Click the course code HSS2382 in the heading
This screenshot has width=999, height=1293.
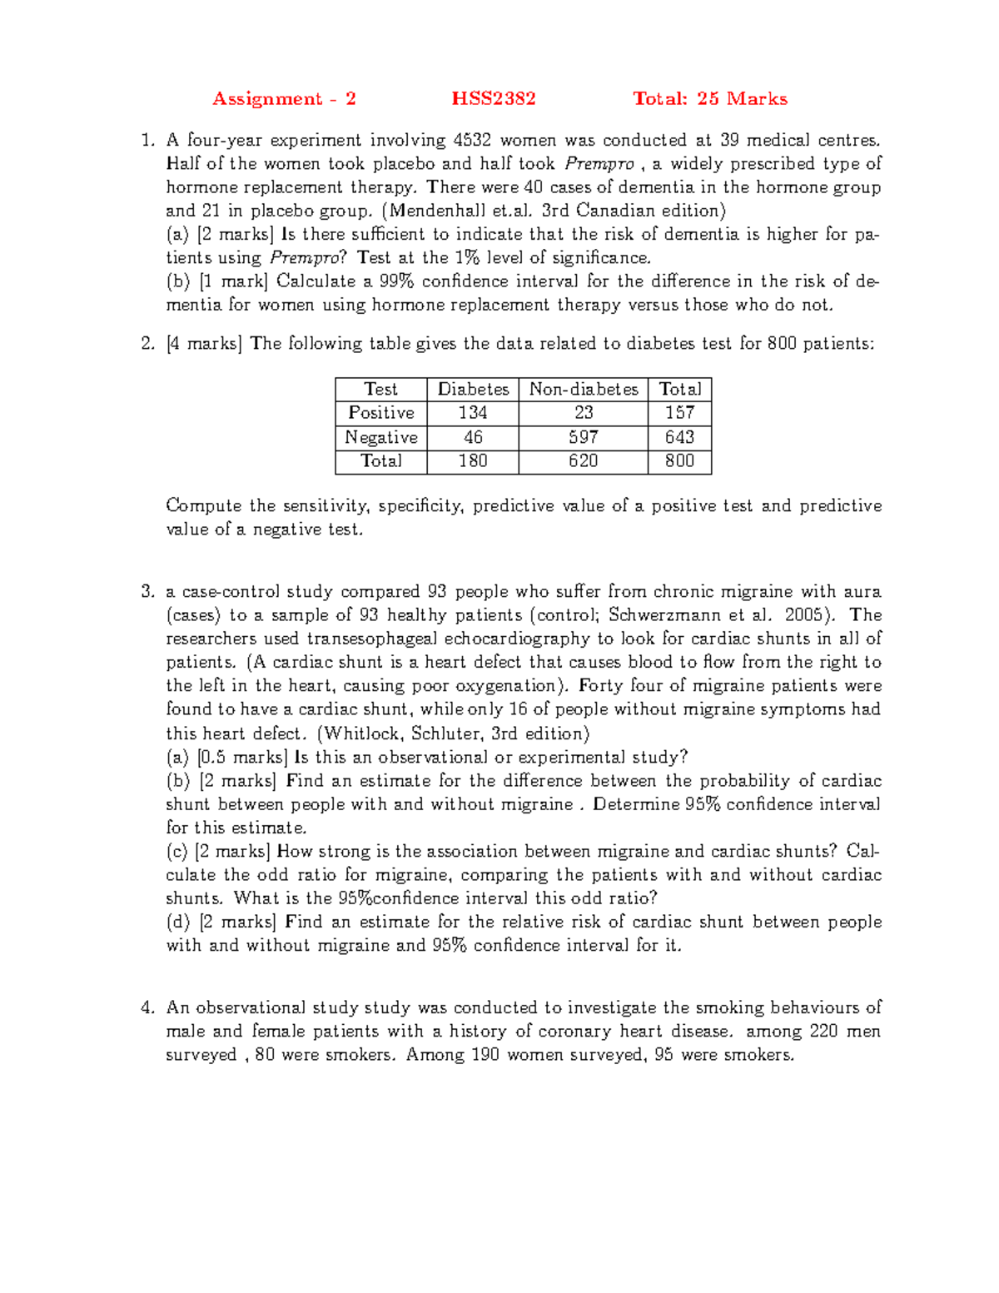(x=494, y=99)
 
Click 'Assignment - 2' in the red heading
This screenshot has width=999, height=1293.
(x=284, y=99)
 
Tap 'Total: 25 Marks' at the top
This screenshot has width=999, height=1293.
(x=709, y=99)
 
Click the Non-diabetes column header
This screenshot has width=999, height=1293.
(x=583, y=390)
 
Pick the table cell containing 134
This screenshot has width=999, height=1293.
(x=472, y=413)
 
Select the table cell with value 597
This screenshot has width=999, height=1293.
(x=583, y=437)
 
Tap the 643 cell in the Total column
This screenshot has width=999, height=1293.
(x=679, y=437)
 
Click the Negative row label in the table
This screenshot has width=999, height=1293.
(x=381, y=437)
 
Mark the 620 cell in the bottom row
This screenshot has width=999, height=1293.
(x=583, y=461)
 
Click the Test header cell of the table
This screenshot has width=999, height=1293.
(x=381, y=390)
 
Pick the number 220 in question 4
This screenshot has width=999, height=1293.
(x=823, y=1032)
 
